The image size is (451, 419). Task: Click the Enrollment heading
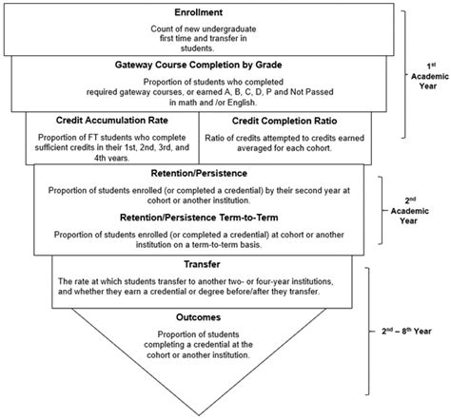click(199, 11)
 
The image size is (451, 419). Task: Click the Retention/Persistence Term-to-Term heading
click(199, 216)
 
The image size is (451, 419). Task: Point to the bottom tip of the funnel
click(199, 407)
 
